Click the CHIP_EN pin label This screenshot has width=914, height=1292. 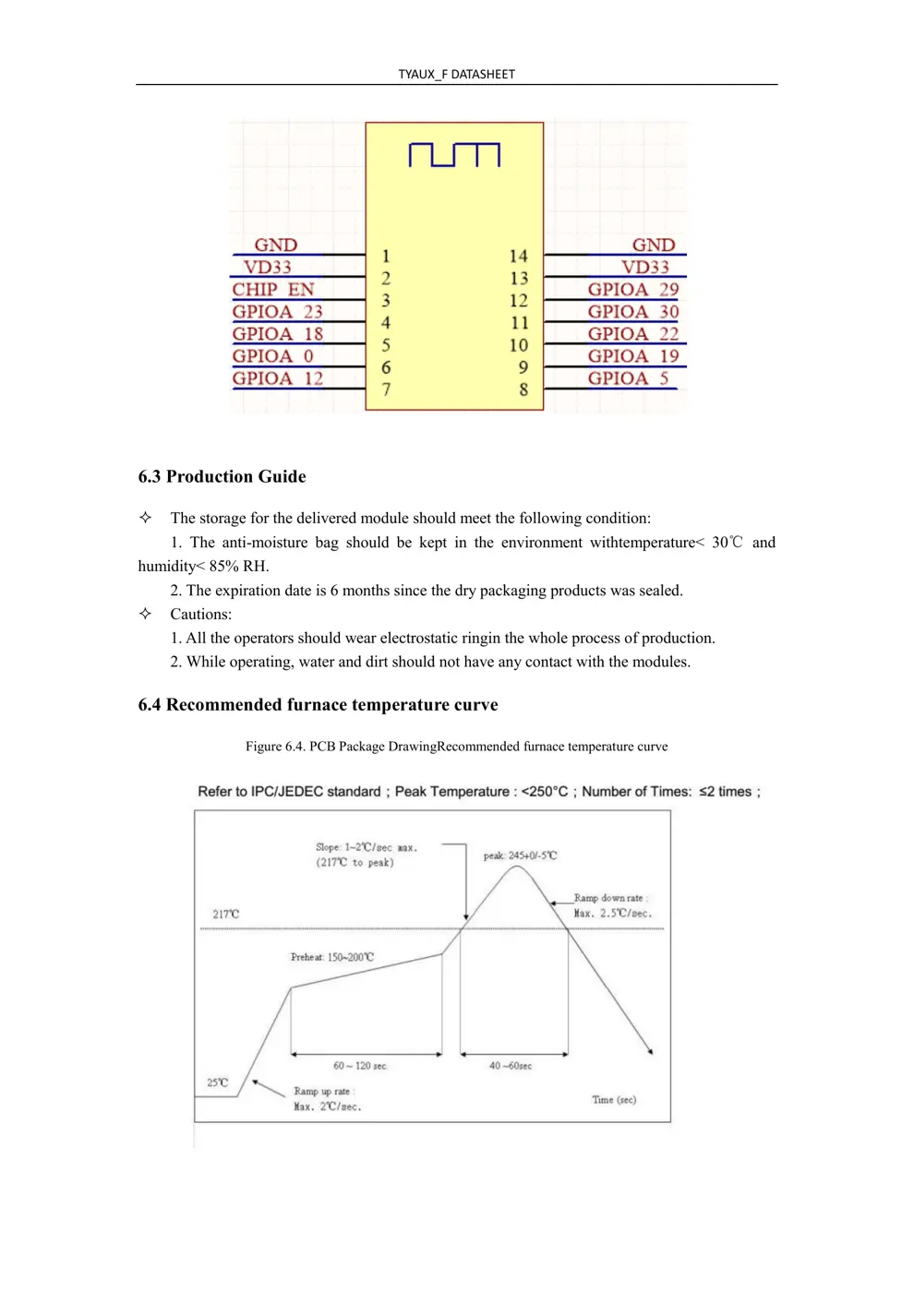(273, 290)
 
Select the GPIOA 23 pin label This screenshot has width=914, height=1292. (277, 312)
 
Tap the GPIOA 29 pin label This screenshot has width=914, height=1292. (632, 290)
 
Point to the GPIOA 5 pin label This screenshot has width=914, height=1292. (628, 378)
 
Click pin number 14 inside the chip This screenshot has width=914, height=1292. (519, 257)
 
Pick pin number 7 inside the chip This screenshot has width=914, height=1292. (386, 389)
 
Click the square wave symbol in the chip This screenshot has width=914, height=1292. (454, 155)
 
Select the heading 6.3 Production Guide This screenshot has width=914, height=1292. (222, 477)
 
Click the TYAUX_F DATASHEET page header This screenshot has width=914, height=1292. (456, 74)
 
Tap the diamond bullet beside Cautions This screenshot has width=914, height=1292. (145, 614)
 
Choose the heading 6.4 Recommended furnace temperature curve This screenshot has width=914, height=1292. (318, 705)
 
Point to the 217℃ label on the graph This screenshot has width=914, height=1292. (225, 915)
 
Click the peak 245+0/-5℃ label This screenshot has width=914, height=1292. (520, 855)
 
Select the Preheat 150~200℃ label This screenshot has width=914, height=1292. (332, 957)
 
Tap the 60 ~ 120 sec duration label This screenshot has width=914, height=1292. (360, 1066)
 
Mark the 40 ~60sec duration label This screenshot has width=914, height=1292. (511, 1066)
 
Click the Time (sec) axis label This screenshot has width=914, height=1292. (614, 1099)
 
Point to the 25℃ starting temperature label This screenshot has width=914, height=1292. (217, 1083)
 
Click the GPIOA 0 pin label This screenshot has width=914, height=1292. (272, 356)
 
